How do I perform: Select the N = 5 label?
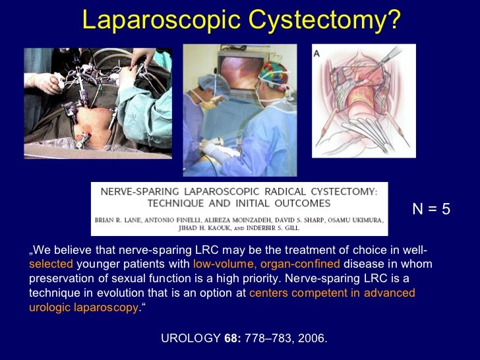click(x=431, y=209)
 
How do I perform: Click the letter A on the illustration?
click(x=316, y=53)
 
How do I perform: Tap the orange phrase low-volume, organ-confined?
click(x=267, y=264)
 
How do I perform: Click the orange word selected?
click(x=51, y=264)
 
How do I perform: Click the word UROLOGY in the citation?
click(x=191, y=339)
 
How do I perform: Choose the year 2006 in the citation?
click(x=312, y=339)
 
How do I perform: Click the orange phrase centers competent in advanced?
click(x=332, y=293)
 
